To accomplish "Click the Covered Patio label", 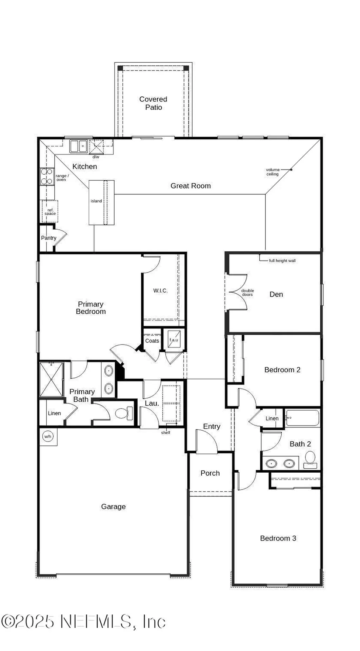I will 153,103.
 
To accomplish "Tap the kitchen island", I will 101,202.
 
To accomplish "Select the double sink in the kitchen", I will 79,146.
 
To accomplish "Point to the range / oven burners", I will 47,176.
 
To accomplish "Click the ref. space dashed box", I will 50,211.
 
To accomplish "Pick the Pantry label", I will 48,238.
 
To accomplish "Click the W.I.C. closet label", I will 160,291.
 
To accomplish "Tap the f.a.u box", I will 174,339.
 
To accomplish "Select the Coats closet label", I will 152,341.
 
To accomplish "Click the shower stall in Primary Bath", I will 51,379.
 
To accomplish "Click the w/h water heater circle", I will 48,436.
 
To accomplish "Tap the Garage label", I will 113,507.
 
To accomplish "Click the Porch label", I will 210,473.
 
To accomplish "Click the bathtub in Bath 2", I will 302,418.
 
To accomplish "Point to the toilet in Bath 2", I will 310,459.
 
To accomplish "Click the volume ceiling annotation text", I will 273,172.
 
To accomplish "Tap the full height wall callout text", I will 282,261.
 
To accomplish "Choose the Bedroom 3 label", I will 278,538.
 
